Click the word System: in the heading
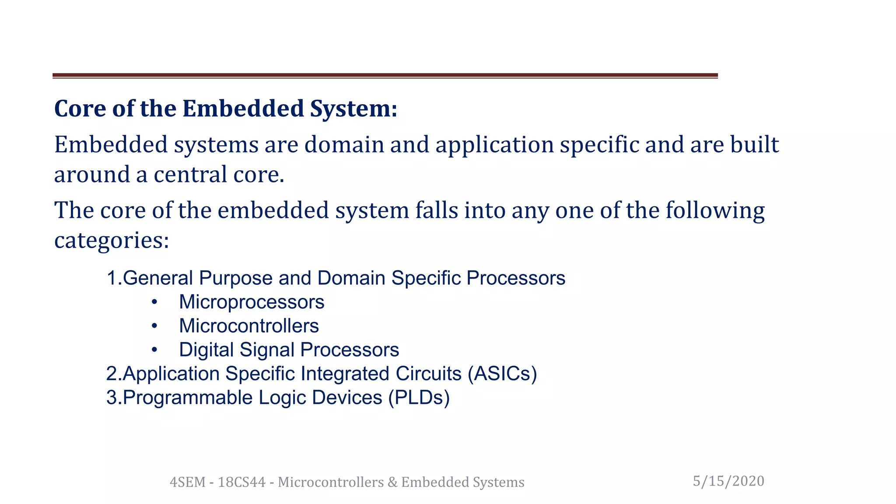[x=353, y=109]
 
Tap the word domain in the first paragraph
[x=344, y=145]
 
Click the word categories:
[x=112, y=241]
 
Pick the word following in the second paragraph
[x=715, y=211]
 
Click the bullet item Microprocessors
[x=252, y=302]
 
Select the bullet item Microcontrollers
[x=249, y=326]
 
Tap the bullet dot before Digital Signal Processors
[x=154, y=350]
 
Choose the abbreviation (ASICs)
[x=502, y=374]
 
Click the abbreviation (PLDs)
[x=419, y=398]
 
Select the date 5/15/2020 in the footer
[x=728, y=481]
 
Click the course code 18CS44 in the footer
[x=241, y=482]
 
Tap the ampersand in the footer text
[x=392, y=482]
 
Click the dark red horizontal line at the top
[x=385, y=76]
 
